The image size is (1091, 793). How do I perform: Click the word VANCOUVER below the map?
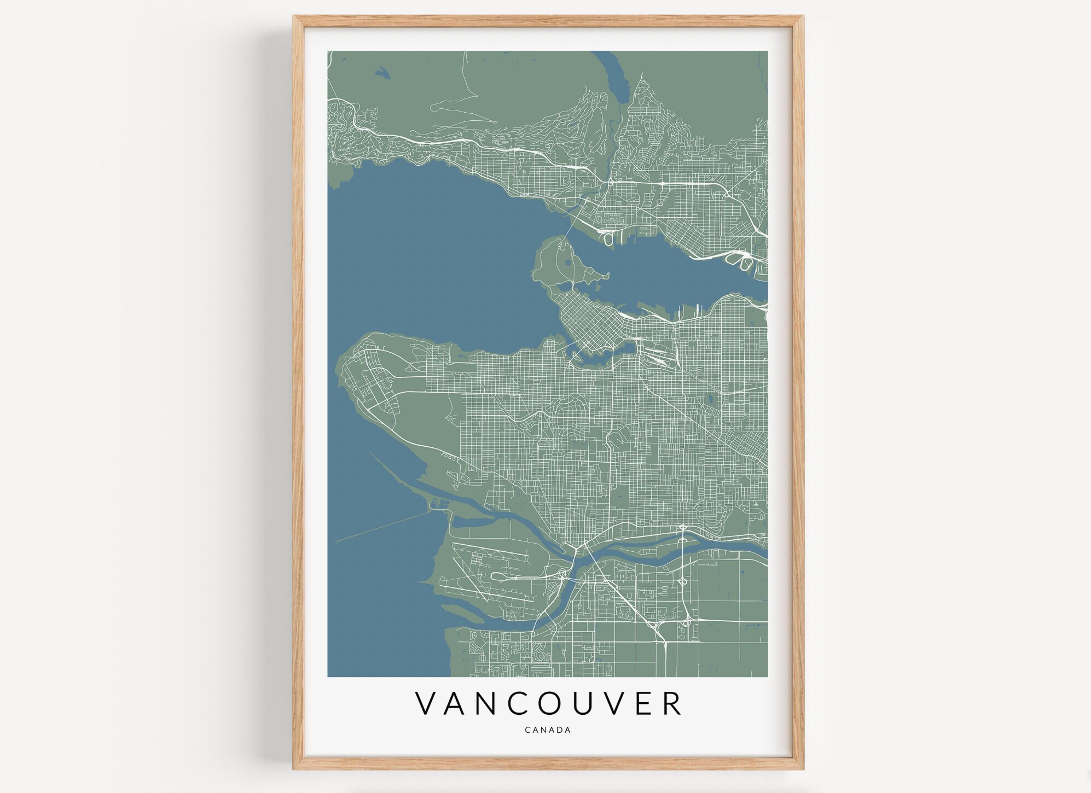(548, 703)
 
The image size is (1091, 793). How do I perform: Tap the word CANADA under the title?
(548, 730)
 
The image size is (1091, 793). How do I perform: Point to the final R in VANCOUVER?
(672, 703)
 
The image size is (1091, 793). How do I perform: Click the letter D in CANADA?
(559, 730)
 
